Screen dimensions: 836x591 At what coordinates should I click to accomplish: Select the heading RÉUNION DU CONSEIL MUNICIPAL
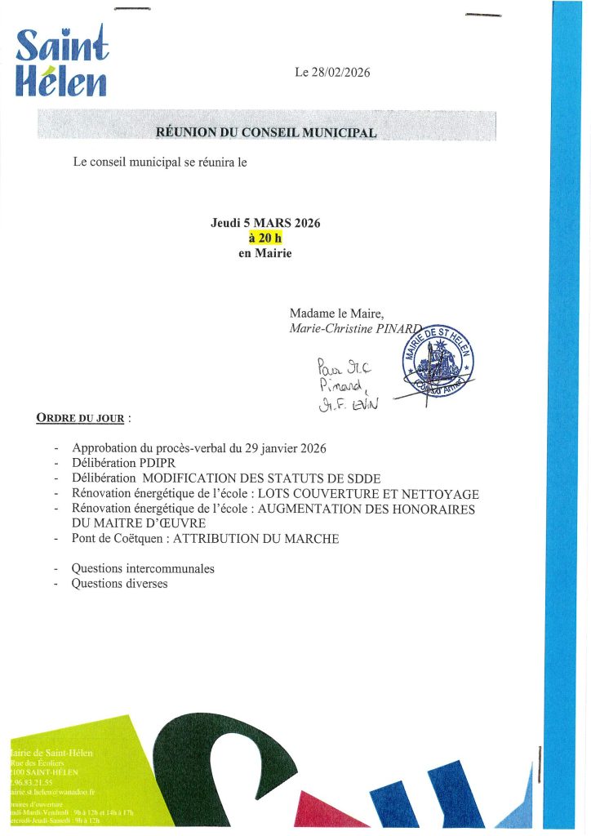(x=267, y=131)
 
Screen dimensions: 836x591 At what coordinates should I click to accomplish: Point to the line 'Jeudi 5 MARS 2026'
(x=265, y=223)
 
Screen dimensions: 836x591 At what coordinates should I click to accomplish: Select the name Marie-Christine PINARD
(x=357, y=327)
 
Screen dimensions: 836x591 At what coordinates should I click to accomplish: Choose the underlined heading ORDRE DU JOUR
(x=80, y=419)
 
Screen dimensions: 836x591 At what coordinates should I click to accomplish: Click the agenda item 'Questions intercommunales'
(x=143, y=568)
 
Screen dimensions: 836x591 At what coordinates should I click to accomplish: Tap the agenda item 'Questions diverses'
(x=119, y=584)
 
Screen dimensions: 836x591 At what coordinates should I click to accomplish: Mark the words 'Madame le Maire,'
(x=331, y=313)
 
